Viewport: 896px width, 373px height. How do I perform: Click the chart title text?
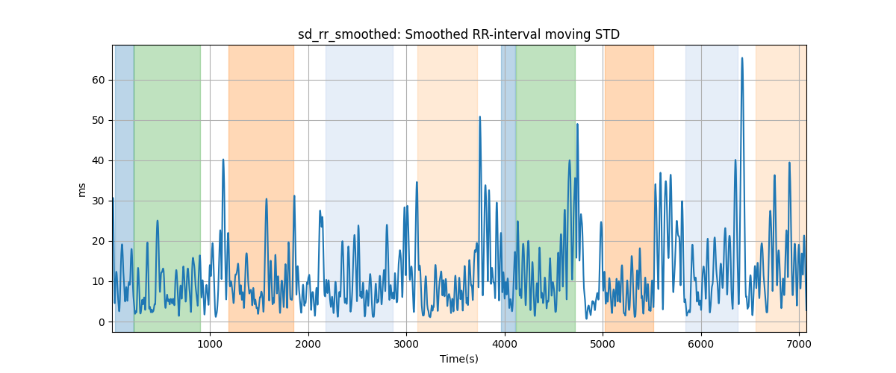[x=458, y=35]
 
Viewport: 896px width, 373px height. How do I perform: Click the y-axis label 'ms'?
[x=81, y=190]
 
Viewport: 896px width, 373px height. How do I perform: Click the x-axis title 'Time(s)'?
[x=458, y=359]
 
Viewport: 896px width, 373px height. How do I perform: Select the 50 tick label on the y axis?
[x=99, y=120]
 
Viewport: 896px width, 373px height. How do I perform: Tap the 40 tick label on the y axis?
[x=99, y=160]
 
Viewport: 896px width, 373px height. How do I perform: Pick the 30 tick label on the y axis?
[x=99, y=201]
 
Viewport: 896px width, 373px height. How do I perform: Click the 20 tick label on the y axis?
[x=99, y=242]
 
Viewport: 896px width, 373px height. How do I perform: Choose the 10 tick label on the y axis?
[x=99, y=282]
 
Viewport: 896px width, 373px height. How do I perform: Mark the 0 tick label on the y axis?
[x=102, y=322]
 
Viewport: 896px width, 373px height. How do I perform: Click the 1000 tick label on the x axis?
[x=210, y=344]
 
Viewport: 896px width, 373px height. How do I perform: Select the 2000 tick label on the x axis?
[x=308, y=344]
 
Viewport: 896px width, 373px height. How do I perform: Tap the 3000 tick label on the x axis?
[x=406, y=344]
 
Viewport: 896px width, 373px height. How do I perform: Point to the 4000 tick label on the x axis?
[x=505, y=344]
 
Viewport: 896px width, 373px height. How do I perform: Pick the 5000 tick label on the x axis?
[x=603, y=344]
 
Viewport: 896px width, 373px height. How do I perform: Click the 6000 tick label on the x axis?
[x=701, y=344]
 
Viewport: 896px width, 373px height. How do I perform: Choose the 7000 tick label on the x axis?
[x=799, y=344]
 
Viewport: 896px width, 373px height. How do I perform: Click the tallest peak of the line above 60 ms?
[x=742, y=58]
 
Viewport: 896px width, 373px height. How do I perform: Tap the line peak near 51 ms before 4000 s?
[x=479, y=117]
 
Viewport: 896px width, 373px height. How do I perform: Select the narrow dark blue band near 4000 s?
[x=508, y=188]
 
